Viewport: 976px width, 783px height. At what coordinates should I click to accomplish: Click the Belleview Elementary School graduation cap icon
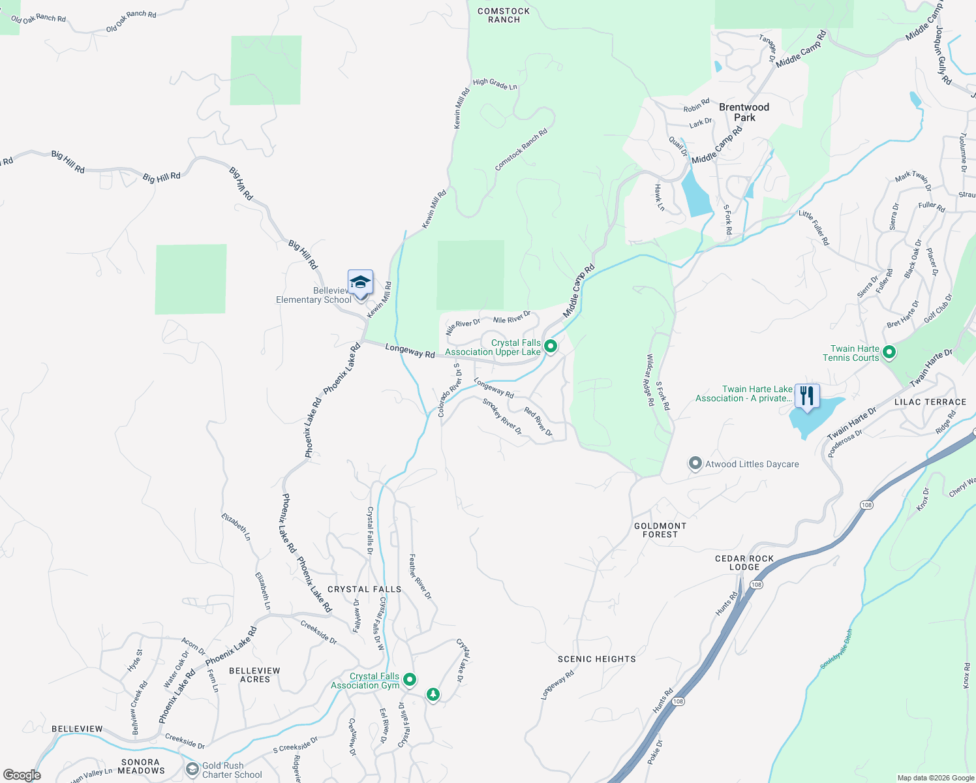(360, 283)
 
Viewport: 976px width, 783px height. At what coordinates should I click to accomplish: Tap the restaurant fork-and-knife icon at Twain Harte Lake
(807, 396)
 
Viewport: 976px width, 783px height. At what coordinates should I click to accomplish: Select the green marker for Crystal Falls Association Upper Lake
(550, 346)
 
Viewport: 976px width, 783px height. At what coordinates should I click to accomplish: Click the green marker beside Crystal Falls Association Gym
(410, 680)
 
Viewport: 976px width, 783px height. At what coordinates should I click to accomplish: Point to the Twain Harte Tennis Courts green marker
(889, 353)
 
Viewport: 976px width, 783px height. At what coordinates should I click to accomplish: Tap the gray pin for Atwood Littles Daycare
(695, 464)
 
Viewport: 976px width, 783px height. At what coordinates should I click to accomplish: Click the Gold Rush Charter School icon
(192, 770)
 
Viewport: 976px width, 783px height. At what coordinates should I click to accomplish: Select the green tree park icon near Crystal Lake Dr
(433, 695)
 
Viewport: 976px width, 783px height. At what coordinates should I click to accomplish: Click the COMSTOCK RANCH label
(504, 16)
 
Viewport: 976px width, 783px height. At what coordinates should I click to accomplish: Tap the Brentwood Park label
(744, 112)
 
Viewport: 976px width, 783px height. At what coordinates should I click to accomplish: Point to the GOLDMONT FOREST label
(660, 530)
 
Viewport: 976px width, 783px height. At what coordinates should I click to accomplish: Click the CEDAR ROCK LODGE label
(744, 562)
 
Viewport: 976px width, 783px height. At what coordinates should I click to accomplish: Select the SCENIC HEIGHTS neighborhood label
(596, 659)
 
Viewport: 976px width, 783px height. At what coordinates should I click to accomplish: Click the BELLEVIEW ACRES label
(254, 675)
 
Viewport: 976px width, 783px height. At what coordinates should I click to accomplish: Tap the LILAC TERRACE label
(930, 402)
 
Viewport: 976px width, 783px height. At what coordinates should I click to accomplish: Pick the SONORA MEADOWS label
(141, 766)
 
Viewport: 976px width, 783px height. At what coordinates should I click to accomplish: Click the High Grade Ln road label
(495, 84)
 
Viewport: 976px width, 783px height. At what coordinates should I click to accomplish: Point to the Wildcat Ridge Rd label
(650, 380)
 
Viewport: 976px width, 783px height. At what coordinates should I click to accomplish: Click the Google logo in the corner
(22, 775)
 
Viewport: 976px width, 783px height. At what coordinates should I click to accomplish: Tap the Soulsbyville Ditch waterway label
(836, 649)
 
